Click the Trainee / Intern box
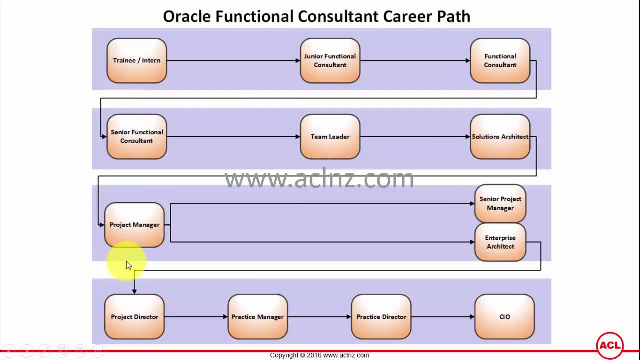[137, 61]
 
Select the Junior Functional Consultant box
[330, 61]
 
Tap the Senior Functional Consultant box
[137, 137]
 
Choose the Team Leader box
[330, 137]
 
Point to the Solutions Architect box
[500, 137]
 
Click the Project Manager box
[134, 225]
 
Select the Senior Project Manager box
[500, 203]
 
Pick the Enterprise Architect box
[500, 242]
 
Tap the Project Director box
[134, 317]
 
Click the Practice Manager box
[258, 317]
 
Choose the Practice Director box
[381, 317]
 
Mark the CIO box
[505, 317]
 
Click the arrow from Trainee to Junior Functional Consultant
[233, 61]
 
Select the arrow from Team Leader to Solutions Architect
[415, 137]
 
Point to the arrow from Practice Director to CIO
[443, 317]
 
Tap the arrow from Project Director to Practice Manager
[196, 317]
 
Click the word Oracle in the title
[187, 16]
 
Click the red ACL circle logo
[610, 346]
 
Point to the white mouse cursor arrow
[129, 265]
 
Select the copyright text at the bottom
[319, 355]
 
